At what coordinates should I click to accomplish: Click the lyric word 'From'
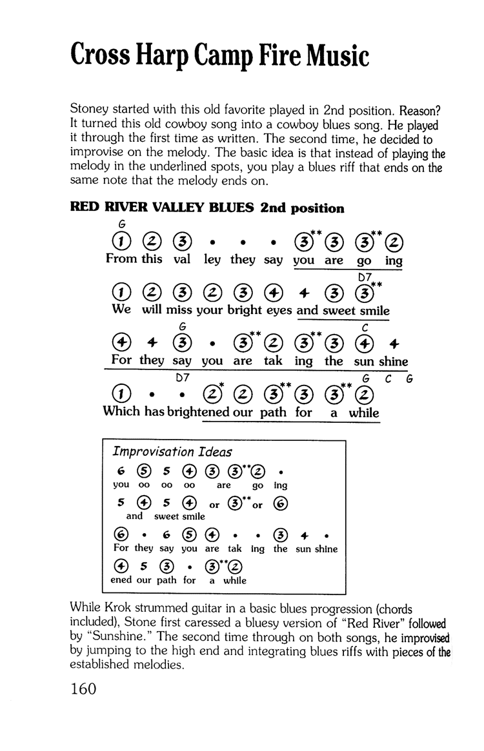coord(121,260)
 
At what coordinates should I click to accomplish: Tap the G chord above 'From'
coord(120,224)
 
